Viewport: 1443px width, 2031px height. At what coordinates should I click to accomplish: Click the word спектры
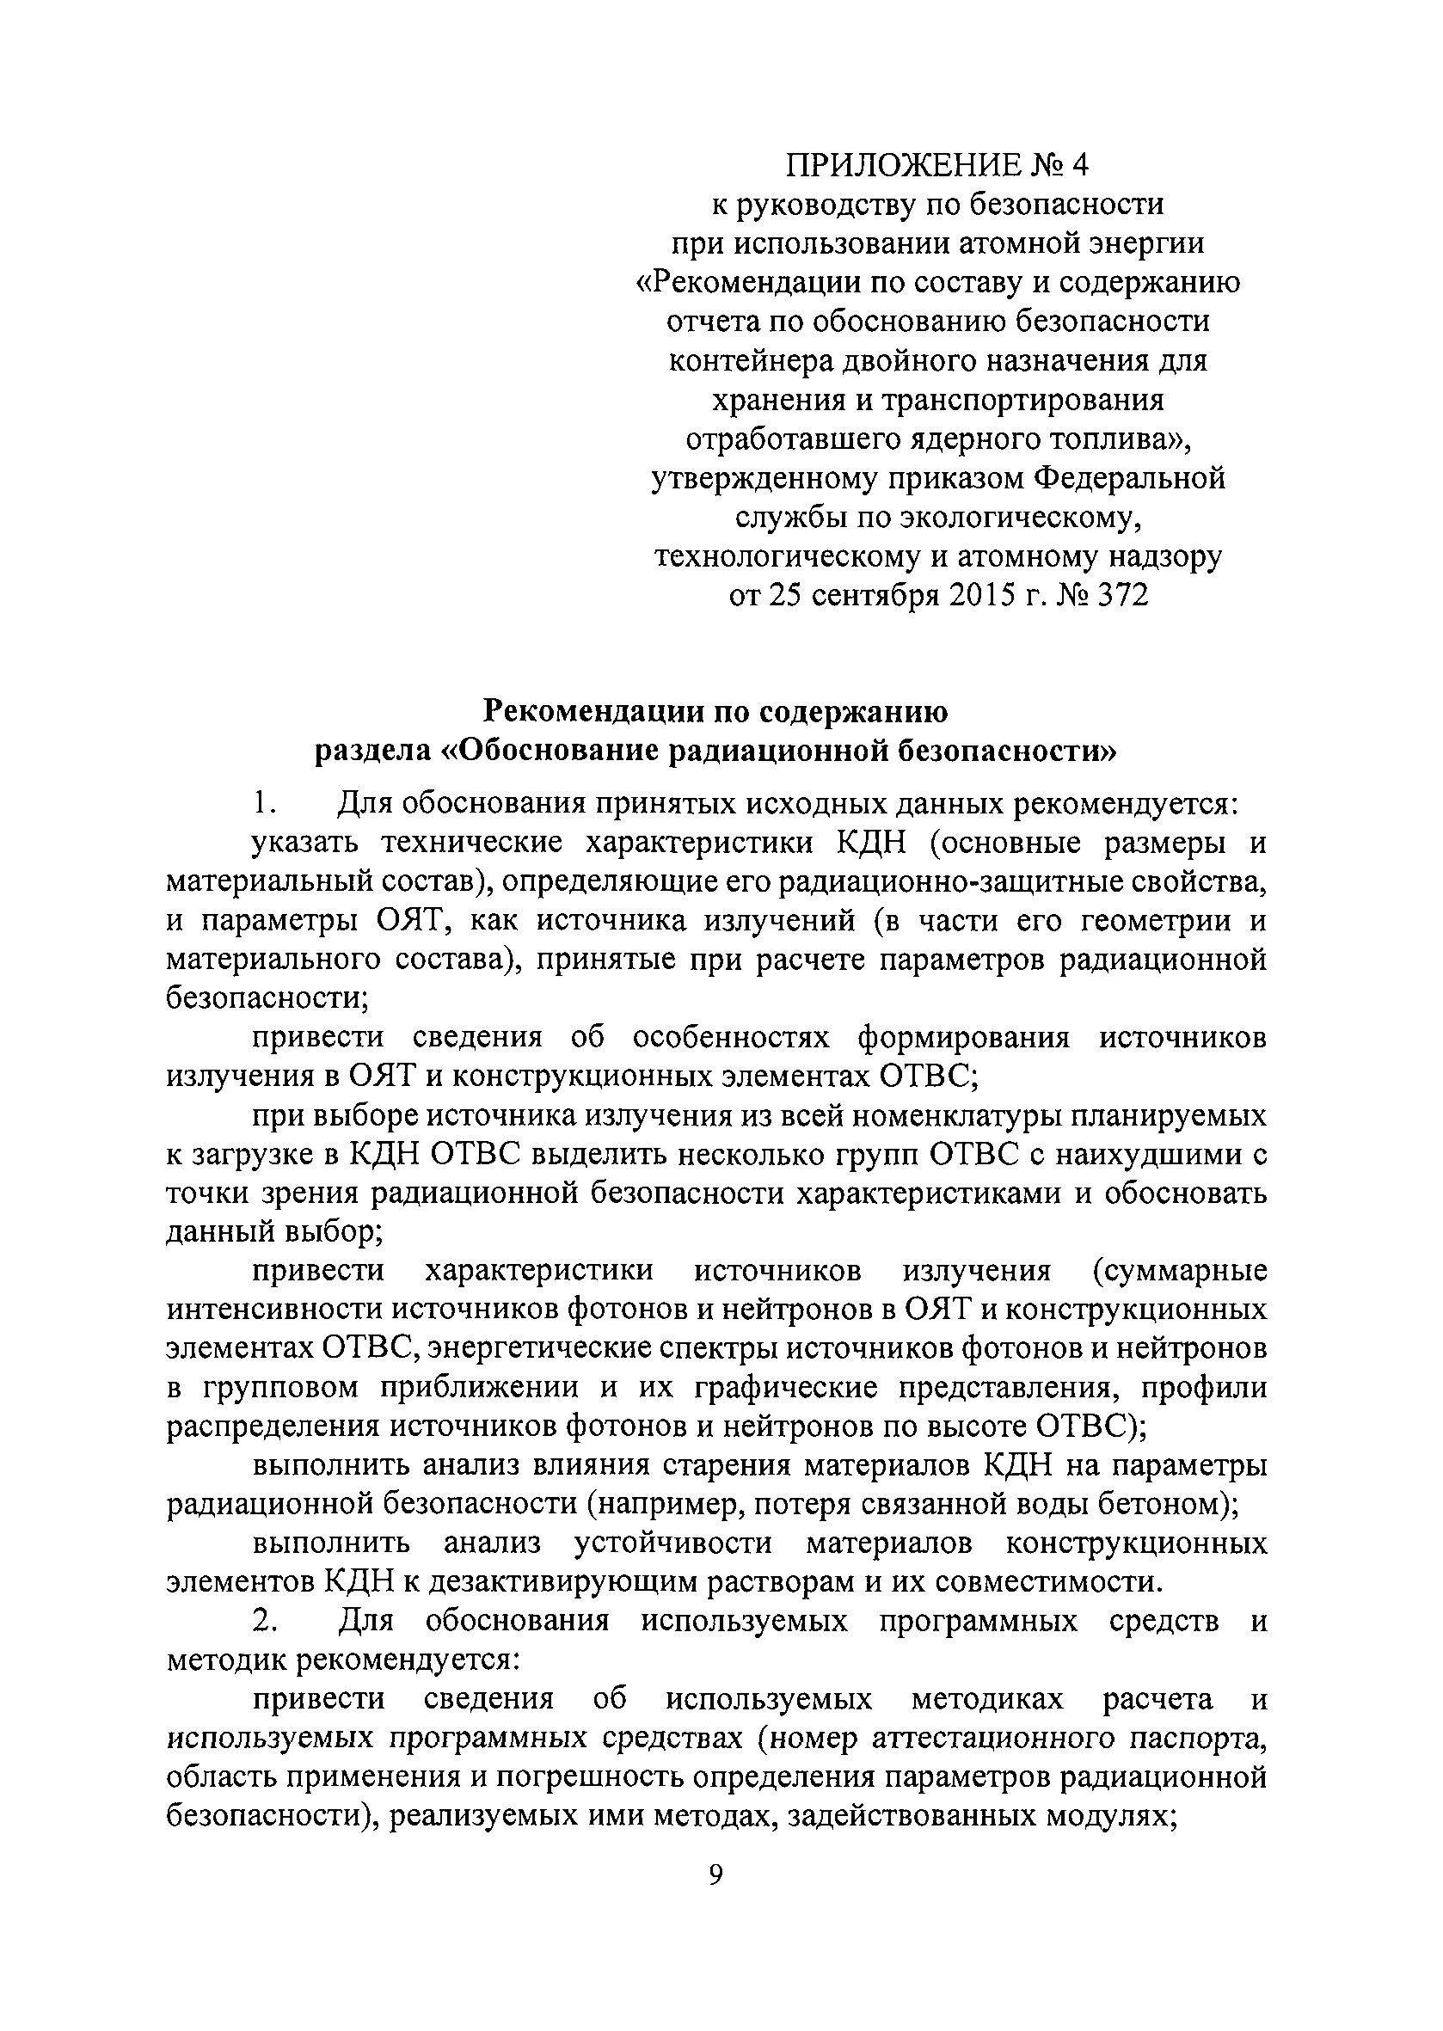[x=714, y=1348]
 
